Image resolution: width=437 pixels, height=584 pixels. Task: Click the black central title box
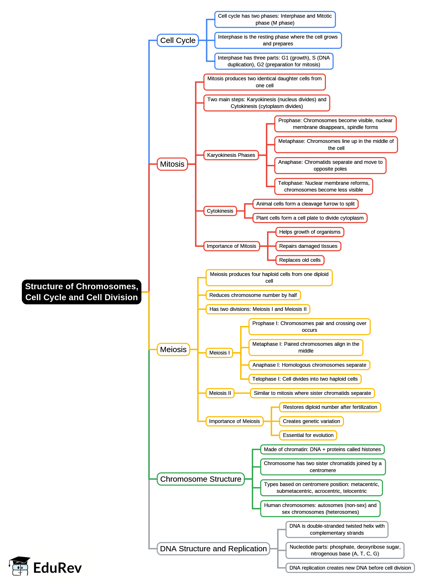pyautogui.click(x=81, y=292)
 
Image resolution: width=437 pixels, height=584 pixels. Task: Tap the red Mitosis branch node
pyautogui.click(x=172, y=164)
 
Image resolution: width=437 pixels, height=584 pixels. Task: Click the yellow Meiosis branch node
pyautogui.click(x=173, y=349)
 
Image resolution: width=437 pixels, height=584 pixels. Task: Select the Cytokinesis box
pyautogui.click(x=220, y=211)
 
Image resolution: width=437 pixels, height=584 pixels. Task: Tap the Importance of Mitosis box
pyautogui.click(x=231, y=246)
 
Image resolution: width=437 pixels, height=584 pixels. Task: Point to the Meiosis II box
pyautogui.click(x=220, y=393)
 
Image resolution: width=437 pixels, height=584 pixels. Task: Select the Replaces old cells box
pyautogui.click(x=300, y=260)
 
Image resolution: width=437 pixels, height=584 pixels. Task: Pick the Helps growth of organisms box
pyautogui.click(x=310, y=232)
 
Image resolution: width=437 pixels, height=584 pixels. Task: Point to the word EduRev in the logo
pyautogui.click(x=57, y=568)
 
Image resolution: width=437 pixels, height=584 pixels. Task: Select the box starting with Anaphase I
pyautogui.click(x=309, y=365)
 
